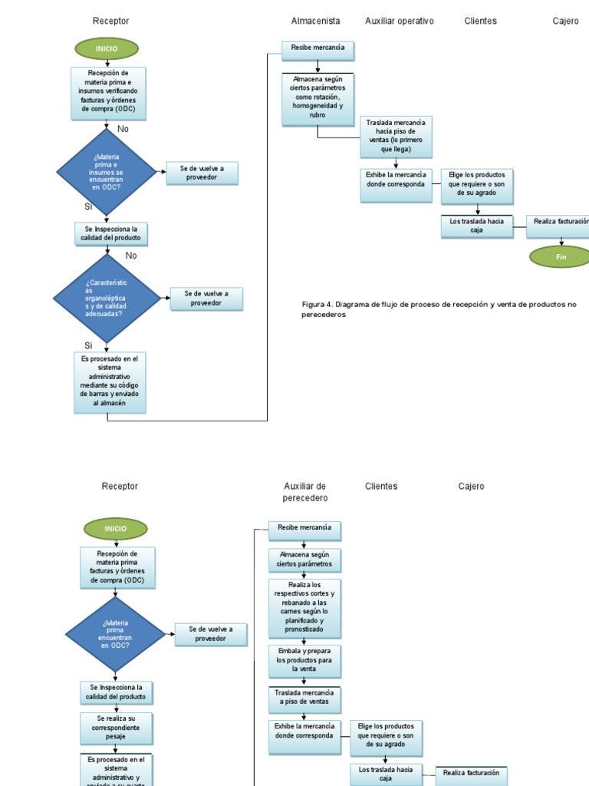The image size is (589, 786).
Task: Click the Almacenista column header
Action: [315, 21]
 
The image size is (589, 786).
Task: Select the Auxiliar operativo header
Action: [399, 21]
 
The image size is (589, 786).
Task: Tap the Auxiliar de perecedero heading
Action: [304, 491]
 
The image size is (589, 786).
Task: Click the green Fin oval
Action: [561, 256]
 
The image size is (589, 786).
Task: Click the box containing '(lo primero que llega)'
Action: [396, 136]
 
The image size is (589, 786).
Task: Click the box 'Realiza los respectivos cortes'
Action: [304, 608]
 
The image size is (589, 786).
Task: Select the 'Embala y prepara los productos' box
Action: [304, 660]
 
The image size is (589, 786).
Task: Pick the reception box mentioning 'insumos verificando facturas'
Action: [107, 94]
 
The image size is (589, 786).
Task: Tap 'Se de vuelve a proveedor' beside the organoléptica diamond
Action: [206, 298]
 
